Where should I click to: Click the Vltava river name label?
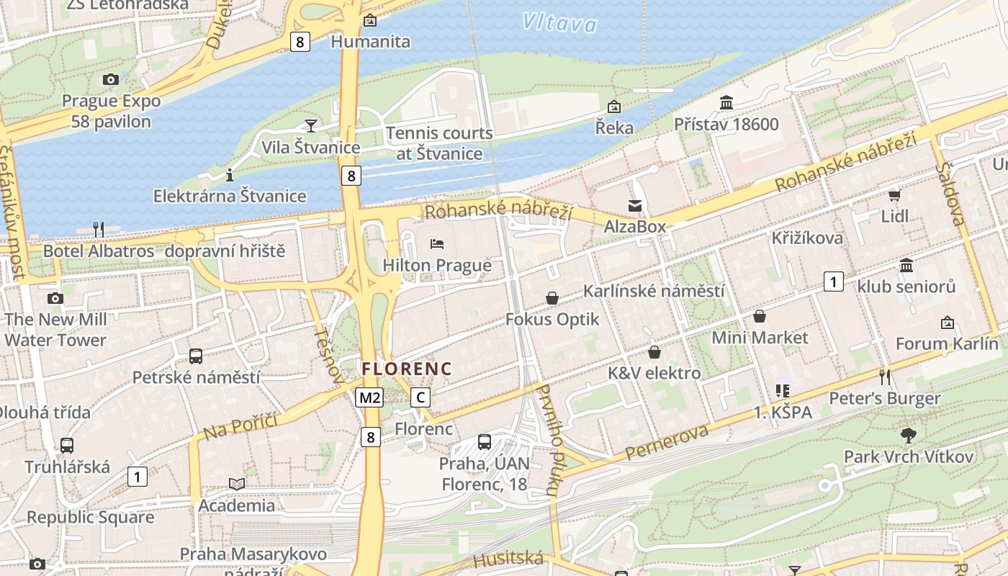pos(559,23)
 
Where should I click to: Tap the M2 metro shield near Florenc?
pos(369,397)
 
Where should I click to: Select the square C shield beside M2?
pos(420,397)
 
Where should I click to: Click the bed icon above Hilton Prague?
pos(437,244)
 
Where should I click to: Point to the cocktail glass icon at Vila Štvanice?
pos(310,126)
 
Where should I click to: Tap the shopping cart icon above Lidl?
pos(894,195)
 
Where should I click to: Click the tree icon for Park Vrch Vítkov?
pos(908,435)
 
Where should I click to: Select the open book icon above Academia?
pos(237,484)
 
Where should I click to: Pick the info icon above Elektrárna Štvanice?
pos(230,175)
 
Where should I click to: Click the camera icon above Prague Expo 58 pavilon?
pos(110,79)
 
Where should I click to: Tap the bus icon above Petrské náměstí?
pos(196,356)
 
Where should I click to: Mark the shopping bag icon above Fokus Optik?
pos(552,298)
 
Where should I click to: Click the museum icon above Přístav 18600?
pos(726,103)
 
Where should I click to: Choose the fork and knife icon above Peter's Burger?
pos(885,377)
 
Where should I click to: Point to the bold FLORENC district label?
pos(407,369)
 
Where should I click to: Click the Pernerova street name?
pos(667,442)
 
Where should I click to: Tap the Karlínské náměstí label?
pos(653,292)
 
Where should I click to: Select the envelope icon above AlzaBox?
pos(634,206)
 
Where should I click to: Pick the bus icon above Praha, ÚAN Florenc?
pos(485,442)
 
